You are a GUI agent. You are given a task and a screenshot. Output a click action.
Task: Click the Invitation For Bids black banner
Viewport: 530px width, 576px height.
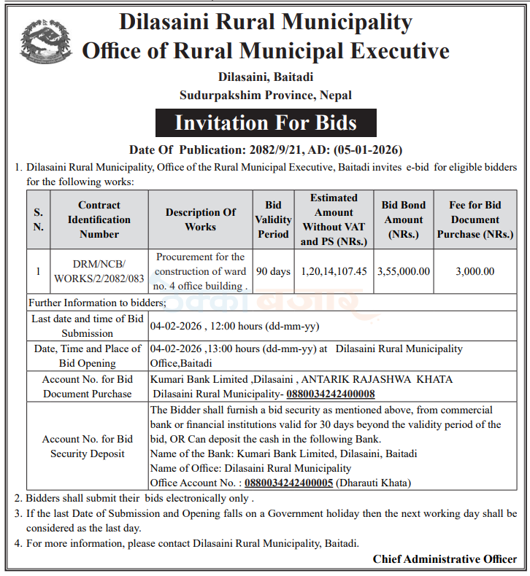pos(266,122)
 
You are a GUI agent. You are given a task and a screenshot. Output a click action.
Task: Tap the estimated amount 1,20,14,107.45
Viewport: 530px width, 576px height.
pos(334,271)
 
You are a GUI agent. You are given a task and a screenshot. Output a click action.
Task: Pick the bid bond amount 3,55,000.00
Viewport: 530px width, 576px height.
pos(403,271)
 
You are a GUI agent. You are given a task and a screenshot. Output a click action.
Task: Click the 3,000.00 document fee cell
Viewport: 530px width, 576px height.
pos(475,271)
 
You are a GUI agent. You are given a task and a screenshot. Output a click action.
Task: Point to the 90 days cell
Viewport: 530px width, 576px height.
pos(274,271)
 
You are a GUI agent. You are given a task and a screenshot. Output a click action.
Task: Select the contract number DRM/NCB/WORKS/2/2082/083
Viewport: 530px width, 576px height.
pos(99,271)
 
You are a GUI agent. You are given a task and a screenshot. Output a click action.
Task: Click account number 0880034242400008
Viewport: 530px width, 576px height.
pos(331,394)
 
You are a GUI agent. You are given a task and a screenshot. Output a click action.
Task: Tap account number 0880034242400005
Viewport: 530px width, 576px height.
pos(289,483)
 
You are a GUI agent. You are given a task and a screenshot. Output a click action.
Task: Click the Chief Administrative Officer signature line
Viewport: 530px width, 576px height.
pos(445,559)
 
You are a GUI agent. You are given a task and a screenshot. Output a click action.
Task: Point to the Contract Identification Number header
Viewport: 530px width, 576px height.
pos(99,219)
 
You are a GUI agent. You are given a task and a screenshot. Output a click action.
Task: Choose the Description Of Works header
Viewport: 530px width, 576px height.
pos(200,219)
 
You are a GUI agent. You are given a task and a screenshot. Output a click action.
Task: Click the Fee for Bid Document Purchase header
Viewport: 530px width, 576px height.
pos(475,219)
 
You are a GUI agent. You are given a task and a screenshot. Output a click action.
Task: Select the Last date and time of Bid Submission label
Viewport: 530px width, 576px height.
pos(88,326)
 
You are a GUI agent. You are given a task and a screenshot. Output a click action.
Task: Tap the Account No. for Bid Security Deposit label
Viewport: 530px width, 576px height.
pos(88,446)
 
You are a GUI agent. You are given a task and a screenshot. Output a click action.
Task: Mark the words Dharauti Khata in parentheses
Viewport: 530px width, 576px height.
pos(374,483)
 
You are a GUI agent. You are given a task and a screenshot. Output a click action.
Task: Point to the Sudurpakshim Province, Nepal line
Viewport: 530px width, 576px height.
pos(266,95)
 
